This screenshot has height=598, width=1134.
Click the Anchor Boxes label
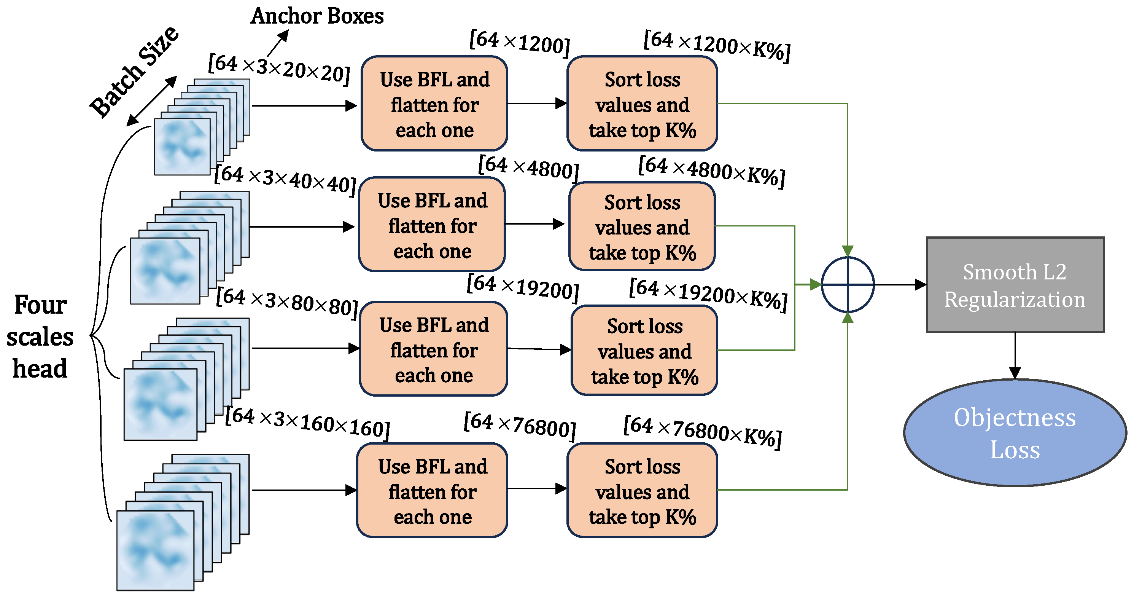point(317,16)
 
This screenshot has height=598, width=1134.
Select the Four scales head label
point(40,336)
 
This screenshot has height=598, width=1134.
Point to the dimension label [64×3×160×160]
point(307,423)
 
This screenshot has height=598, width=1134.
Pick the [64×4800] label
point(528,168)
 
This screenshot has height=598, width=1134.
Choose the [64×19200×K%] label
point(708,294)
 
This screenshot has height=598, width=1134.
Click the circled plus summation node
point(848,284)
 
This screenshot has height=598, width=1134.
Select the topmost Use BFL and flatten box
point(434,104)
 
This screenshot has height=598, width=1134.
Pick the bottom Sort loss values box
point(642,491)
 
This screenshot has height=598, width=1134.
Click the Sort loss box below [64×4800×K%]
point(642,226)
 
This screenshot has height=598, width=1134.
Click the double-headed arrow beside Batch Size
point(151,101)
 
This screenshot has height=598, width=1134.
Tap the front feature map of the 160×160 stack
point(155,550)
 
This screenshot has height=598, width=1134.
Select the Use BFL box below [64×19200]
point(434,349)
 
